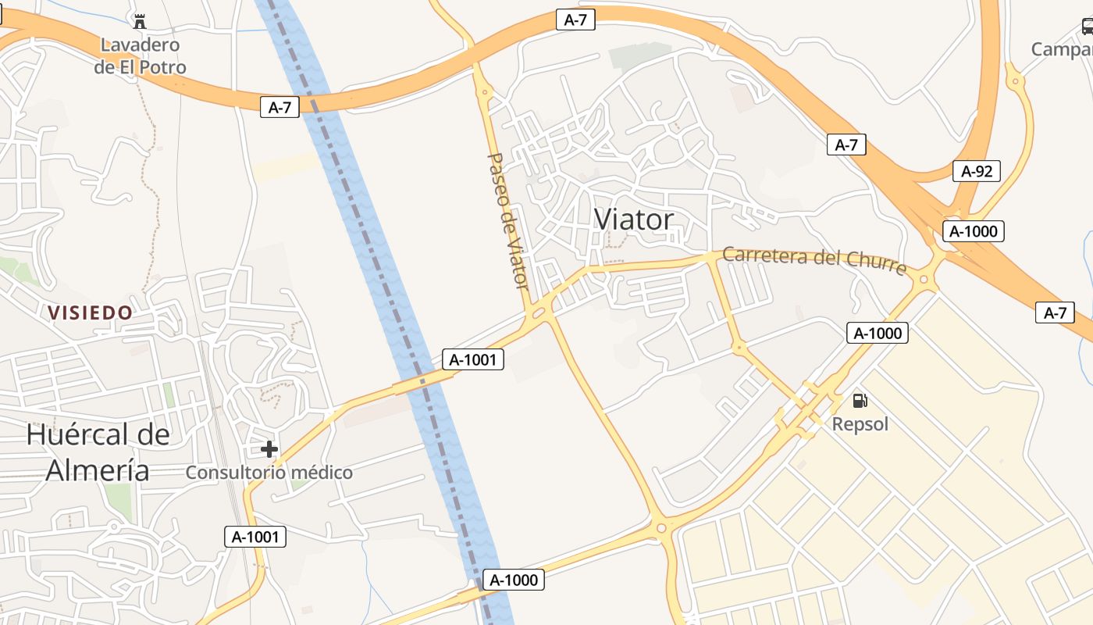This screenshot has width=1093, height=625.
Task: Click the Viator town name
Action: (633, 220)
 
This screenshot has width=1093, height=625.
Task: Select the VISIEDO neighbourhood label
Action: (91, 312)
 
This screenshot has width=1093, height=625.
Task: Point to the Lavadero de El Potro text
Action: (141, 55)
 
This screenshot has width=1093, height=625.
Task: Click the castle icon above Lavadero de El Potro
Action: (140, 21)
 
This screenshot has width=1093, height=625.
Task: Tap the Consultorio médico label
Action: (269, 473)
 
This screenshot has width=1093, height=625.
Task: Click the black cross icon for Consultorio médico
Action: (269, 448)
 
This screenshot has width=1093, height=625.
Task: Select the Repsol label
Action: (860, 424)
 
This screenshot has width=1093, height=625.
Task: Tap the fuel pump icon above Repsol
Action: (860, 402)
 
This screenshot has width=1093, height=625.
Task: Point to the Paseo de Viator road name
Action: (508, 220)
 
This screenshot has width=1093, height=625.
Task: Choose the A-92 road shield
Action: (976, 171)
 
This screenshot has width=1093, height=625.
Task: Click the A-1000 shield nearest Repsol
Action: (878, 333)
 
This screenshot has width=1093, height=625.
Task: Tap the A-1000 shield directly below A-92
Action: (973, 230)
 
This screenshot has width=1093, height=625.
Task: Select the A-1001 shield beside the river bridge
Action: (473, 359)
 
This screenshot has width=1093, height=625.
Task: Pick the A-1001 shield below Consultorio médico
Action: (255, 537)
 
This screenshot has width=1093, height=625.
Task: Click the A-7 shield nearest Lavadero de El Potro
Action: (279, 108)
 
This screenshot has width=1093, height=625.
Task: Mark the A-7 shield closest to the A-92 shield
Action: (846, 145)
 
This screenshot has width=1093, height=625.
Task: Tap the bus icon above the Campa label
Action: (1088, 27)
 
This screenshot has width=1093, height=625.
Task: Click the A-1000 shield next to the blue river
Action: (513, 580)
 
